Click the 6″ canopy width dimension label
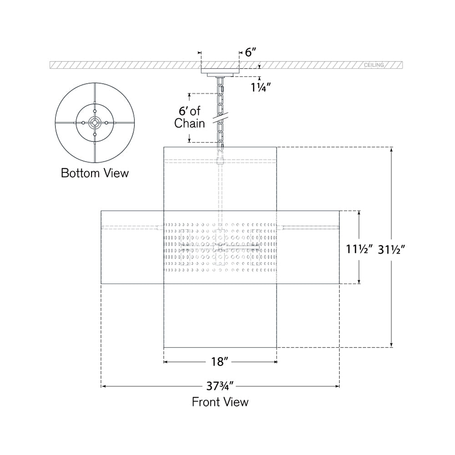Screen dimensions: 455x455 point(251,52)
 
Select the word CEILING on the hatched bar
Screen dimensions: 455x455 point(374,66)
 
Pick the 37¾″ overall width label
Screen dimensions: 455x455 point(220,387)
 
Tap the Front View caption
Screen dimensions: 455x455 point(220,402)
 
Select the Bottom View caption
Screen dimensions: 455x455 point(95,173)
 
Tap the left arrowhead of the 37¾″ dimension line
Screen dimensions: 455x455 point(103,387)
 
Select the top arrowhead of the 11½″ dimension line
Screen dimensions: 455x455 point(359,213)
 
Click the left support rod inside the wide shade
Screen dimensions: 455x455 point(132,226)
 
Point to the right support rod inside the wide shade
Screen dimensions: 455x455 point(309,226)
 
